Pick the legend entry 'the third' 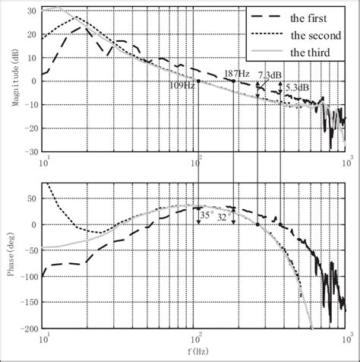(x=314, y=52)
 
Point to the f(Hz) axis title (x=197, y=353)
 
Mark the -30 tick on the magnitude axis (x=30, y=151)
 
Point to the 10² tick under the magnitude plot (x=198, y=160)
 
